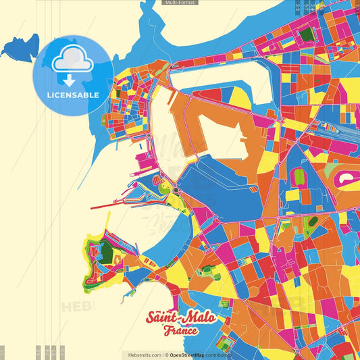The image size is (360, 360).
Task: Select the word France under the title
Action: [x=180, y=332]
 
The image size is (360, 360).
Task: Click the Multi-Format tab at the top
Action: [x=180, y=3]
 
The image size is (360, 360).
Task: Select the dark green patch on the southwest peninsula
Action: [x=105, y=253]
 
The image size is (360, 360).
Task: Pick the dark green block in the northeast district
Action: [x=307, y=34]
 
